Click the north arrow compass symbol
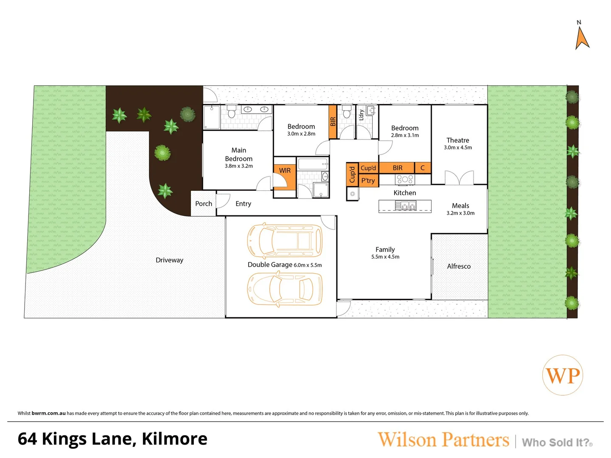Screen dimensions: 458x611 (582, 37)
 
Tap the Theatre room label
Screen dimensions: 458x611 (457, 140)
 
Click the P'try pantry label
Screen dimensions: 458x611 (368, 181)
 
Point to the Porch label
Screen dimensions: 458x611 (203, 204)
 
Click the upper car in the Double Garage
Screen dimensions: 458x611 (285, 240)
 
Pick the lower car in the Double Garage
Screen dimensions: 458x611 (285, 289)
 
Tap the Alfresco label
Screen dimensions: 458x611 (459, 266)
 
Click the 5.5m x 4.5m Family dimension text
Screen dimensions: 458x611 (385, 257)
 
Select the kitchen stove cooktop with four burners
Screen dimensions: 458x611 (405, 179)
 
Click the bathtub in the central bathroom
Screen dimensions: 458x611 (313, 164)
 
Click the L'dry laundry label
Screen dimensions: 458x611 (362, 114)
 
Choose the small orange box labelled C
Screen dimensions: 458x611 (423, 168)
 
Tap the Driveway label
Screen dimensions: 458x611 (169, 260)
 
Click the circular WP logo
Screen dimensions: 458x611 (563, 375)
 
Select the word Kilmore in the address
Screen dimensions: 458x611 (174, 439)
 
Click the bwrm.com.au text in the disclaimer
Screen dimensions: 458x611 (48, 413)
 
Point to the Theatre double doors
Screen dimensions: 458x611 (459, 178)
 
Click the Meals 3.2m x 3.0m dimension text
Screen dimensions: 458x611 (460, 213)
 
